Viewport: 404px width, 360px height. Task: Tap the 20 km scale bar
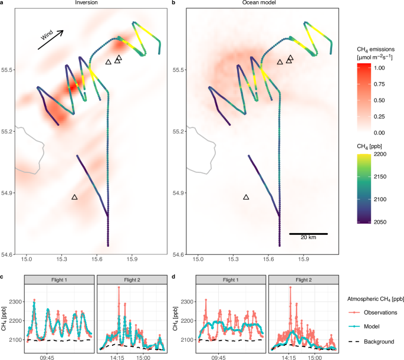[308, 234]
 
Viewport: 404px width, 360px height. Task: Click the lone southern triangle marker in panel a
[74, 197]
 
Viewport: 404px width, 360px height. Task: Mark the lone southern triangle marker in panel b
[247, 197]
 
